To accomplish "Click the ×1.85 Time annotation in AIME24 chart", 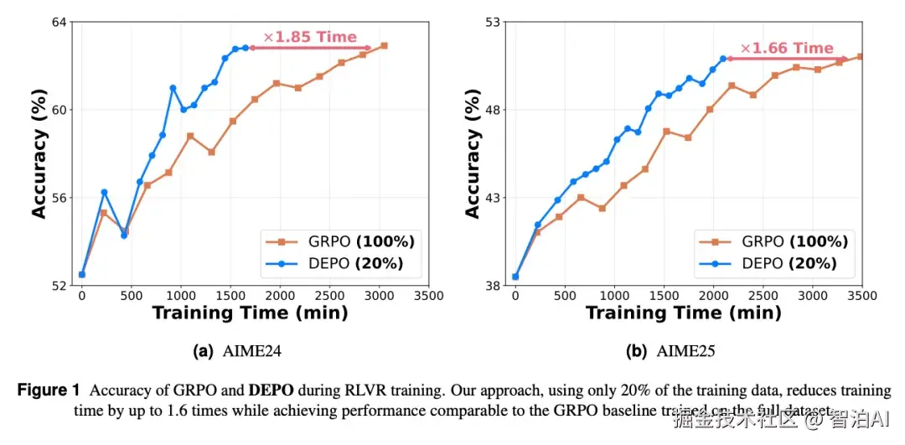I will tap(310, 37).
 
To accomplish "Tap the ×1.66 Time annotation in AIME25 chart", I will tap(787, 48).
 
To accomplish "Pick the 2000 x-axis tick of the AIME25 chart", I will tap(714, 296).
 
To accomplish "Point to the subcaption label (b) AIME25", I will tap(671, 352).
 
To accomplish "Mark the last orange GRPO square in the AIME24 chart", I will tap(384, 45).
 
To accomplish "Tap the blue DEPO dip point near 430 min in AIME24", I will tap(124, 235).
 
